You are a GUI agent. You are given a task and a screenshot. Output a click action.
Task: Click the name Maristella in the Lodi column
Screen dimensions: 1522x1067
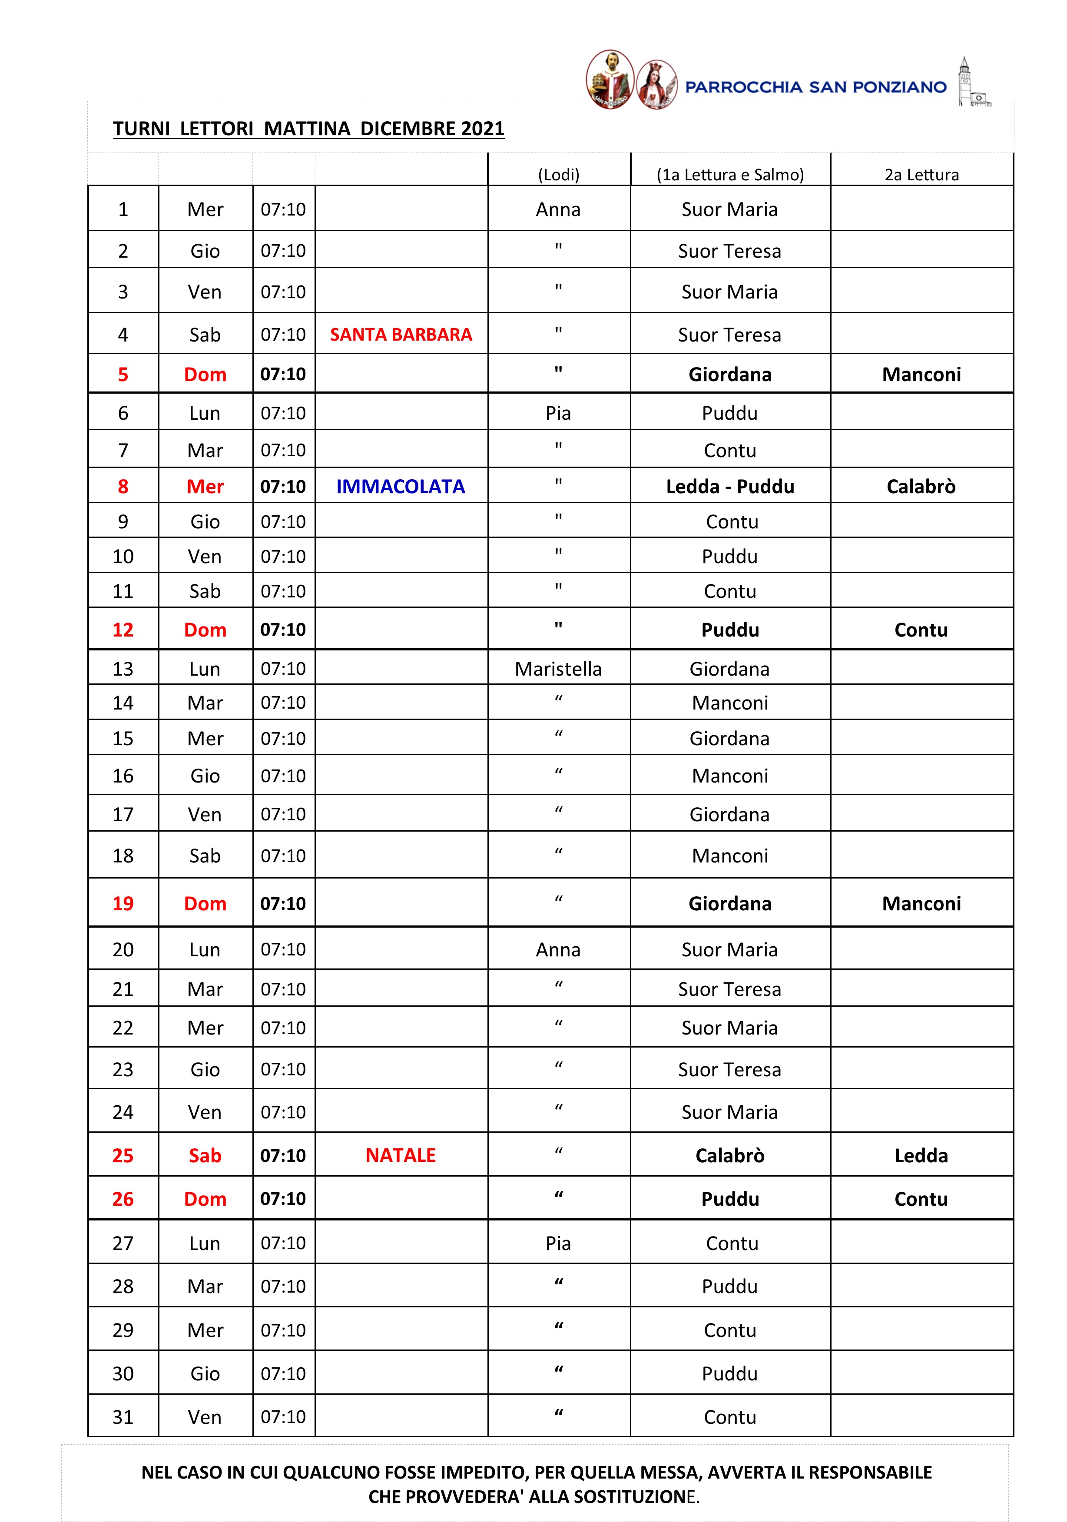click(x=558, y=669)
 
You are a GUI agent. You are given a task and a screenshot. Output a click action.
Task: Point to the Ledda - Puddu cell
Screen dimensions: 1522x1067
click(x=730, y=487)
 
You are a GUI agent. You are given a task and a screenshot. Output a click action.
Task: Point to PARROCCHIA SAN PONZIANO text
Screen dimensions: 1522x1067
click(x=815, y=87)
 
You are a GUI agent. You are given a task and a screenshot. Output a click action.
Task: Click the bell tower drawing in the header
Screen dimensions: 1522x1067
click(x=971, y=82)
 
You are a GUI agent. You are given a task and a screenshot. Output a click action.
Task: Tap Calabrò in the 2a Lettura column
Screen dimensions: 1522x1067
click(x=921, y=487)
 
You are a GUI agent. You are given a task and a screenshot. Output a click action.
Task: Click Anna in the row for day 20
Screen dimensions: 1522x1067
click(x=558, y=950)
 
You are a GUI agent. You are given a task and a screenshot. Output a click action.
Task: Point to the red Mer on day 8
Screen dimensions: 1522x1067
click(x=205, y=487)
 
